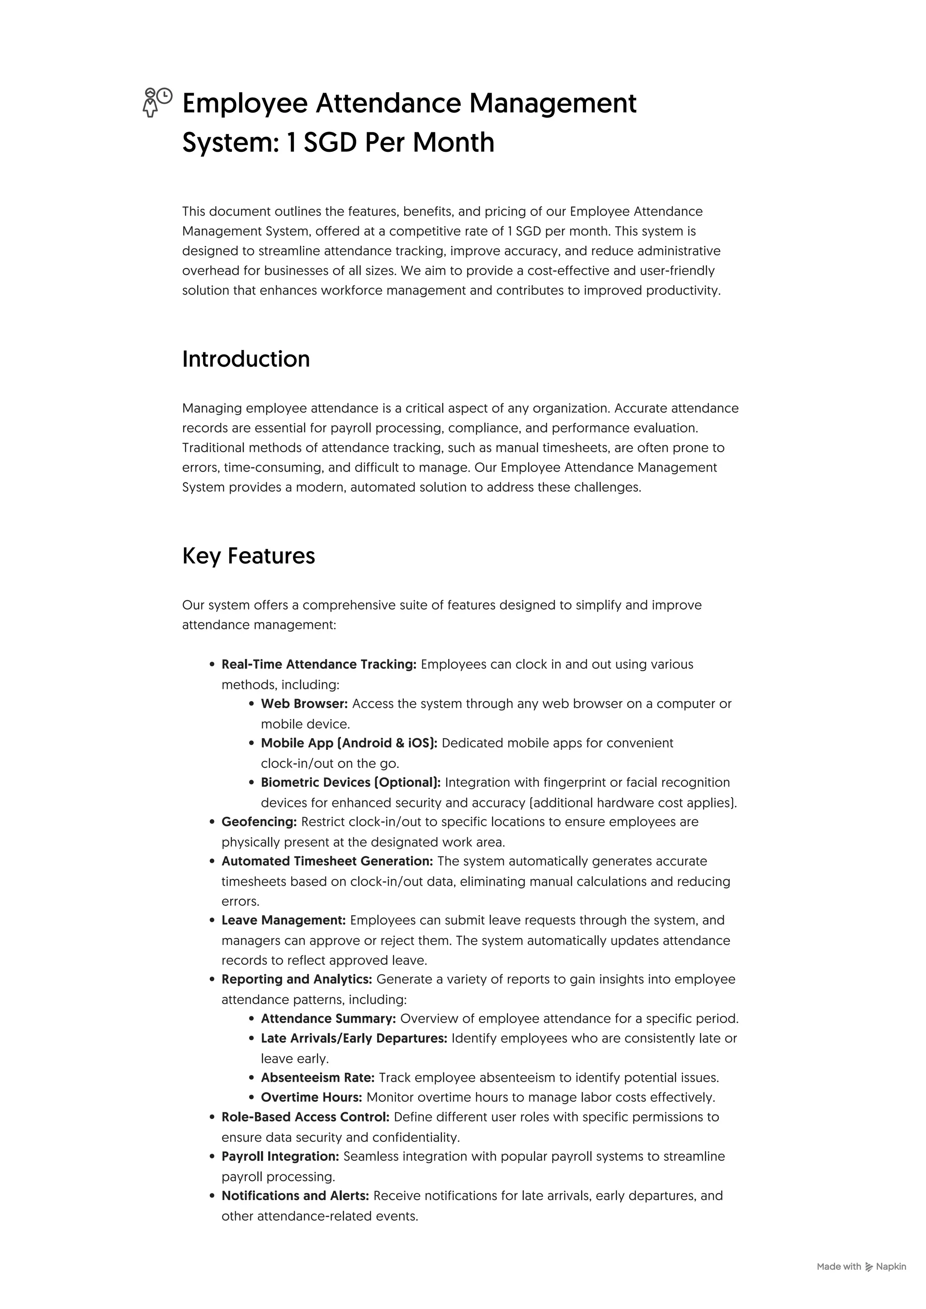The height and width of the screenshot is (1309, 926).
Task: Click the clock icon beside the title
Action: [164, 96]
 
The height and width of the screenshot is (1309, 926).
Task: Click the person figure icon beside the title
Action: [150, 104]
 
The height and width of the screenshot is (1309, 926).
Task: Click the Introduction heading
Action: [246, 359]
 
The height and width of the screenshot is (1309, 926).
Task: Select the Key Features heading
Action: [248, 556]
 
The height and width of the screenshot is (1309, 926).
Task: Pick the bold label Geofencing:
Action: [259, 822]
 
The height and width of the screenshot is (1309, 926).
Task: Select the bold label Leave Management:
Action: [283, 920]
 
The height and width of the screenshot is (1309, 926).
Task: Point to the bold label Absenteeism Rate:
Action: [317, 1078]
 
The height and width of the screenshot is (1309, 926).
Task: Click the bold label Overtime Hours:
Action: [312, 1098]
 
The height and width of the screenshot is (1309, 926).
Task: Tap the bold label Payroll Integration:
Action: [280, 1156]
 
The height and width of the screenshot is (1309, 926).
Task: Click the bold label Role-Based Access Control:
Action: [305, 1117]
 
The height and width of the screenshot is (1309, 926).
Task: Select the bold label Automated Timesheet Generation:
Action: [327, 861]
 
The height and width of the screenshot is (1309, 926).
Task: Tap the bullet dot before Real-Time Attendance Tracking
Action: [212, 665]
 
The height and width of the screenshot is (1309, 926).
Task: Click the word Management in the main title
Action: [552, 104]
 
